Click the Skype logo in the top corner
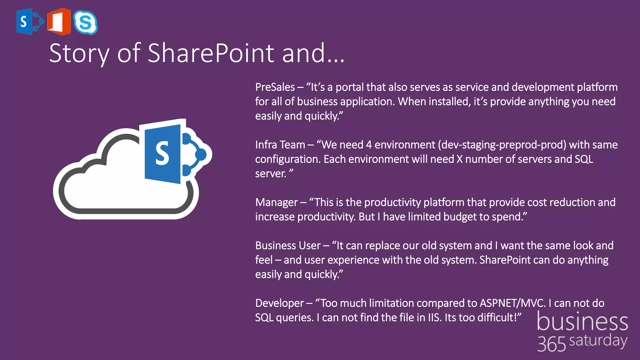[85, 22]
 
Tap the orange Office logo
[59, 21]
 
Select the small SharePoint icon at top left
[29, 21]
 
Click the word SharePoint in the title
[211, 53]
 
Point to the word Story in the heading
[79, 54]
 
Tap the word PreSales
[275, 87]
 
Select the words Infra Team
[280, 145]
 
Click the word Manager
[277, 202]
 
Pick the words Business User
[288, 246]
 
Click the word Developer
[279, 303]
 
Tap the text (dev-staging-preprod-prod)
[502, 145]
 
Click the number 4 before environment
[369, 145]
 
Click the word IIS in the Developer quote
[434, 317]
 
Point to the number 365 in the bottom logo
[552, 344]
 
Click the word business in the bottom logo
[582, 322]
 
